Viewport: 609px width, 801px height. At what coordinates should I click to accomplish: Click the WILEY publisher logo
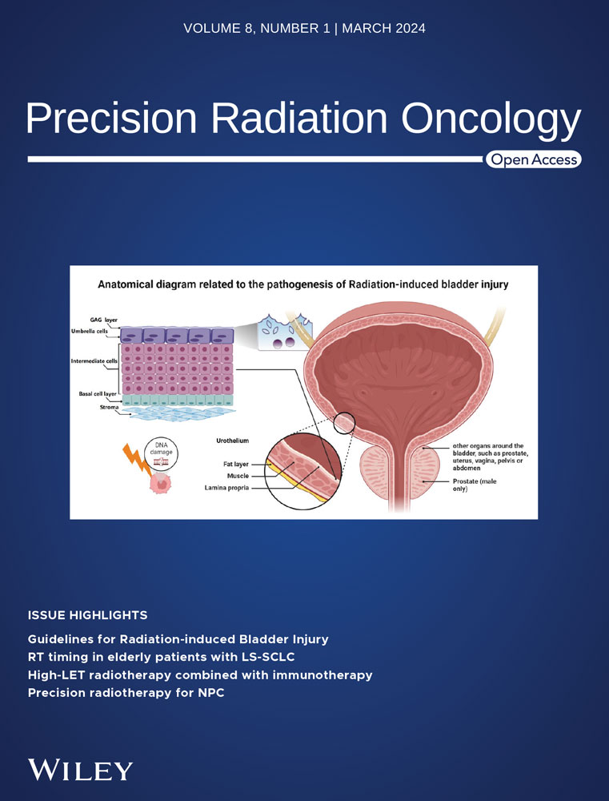click(80, 770)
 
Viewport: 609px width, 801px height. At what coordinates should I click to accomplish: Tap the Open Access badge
click(534, 160)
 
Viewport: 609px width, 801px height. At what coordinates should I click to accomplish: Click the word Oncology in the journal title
click(491, 119)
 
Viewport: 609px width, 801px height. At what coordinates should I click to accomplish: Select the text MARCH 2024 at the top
click(384, 29)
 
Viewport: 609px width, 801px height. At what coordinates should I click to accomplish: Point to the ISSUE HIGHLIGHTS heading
click(87, 615)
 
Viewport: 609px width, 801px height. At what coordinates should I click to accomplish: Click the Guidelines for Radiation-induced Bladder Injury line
click(178, 639)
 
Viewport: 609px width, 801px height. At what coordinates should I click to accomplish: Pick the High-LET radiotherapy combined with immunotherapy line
click(200, 675)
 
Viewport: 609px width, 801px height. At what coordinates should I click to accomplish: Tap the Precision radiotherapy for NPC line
click(126, 693)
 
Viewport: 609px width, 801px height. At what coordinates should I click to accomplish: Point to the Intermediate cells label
click(94, 361)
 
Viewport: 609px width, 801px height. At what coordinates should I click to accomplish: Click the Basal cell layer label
click(98, 394)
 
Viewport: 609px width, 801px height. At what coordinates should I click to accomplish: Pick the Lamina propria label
click(227, 487)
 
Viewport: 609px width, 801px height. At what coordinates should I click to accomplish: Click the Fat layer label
click(234, 464)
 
